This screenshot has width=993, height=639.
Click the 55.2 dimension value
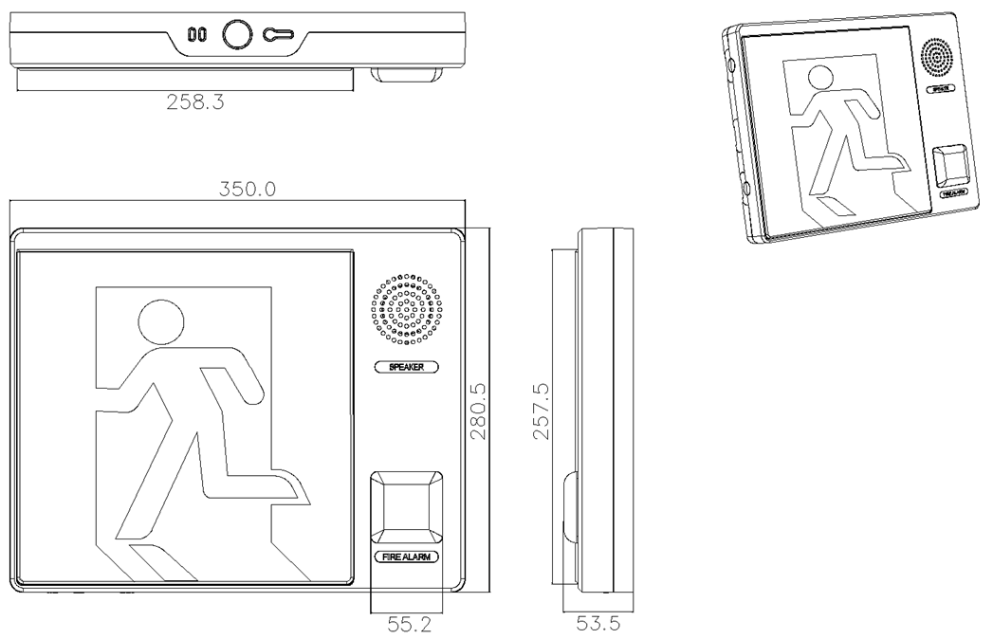[x=405, y=626]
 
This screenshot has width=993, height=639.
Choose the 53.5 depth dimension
[x=594, y=626]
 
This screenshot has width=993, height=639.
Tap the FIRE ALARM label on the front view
[x=405, y=557]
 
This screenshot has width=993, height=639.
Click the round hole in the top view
[x=236, y=34]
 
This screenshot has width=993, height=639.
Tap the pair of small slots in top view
[x=197, y=35]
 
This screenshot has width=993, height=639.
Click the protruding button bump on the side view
[x=569, y=507]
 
